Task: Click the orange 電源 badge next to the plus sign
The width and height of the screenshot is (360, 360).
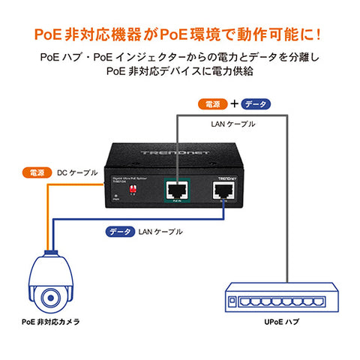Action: [x=212, y=104]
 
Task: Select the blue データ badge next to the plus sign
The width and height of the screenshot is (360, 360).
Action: [x=254, y=104]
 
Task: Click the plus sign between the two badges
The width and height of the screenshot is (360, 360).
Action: [x=233, y=104]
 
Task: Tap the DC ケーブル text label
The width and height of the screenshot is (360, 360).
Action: [x=77, y=172]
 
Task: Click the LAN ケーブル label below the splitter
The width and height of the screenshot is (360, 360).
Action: [x=160, y=232]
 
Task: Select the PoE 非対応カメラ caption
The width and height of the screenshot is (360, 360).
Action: [x=50, y=322]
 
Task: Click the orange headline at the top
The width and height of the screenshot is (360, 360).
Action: [x=180, y=34]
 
